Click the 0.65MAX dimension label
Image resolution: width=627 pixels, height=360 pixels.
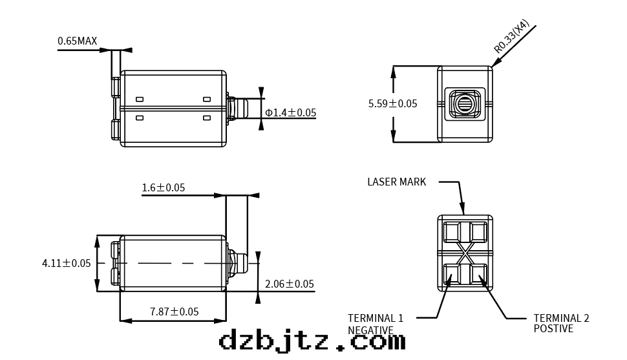pyautogui.click(x=77, y=41)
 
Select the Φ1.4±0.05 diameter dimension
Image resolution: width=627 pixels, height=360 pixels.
pyautogui.click(x=291, y=113)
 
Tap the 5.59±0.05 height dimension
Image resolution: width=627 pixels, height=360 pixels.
pyautogui.click(x=392, y=103)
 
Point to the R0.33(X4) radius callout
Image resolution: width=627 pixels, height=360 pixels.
pyautogui.click(x=511, y=36)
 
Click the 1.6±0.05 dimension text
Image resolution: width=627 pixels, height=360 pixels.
pyautogui.click(x=164, y=187)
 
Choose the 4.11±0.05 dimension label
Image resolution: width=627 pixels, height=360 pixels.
pyautogui.click(x=67, y=263)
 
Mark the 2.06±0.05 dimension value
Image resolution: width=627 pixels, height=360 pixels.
pyautogui.click(x=290, y=284)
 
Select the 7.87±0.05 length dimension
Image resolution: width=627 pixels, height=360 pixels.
pyautogui.click(x=175, y=312)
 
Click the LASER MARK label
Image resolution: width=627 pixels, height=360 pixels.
pyautogui.click(x=397, y=182)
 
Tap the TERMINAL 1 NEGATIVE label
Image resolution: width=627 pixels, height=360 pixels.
pyautogui.click(x=376, y=324)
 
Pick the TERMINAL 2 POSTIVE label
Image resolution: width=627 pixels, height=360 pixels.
pyautogui.click(x=562, y=323)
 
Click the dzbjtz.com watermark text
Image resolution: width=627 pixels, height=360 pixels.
pyautogui.click(x=312, y=341)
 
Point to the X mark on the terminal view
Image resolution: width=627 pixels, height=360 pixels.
pyautogui.click(x=465, y=253)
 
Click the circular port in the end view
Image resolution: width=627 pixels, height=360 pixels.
pyautogui.click(x=465, y=104)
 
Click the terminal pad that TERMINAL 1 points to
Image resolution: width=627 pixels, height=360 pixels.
pyautogui.click(x=452, y=277)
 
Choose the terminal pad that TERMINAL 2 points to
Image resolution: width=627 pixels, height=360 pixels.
pyautogui.click(x=478, y=277)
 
